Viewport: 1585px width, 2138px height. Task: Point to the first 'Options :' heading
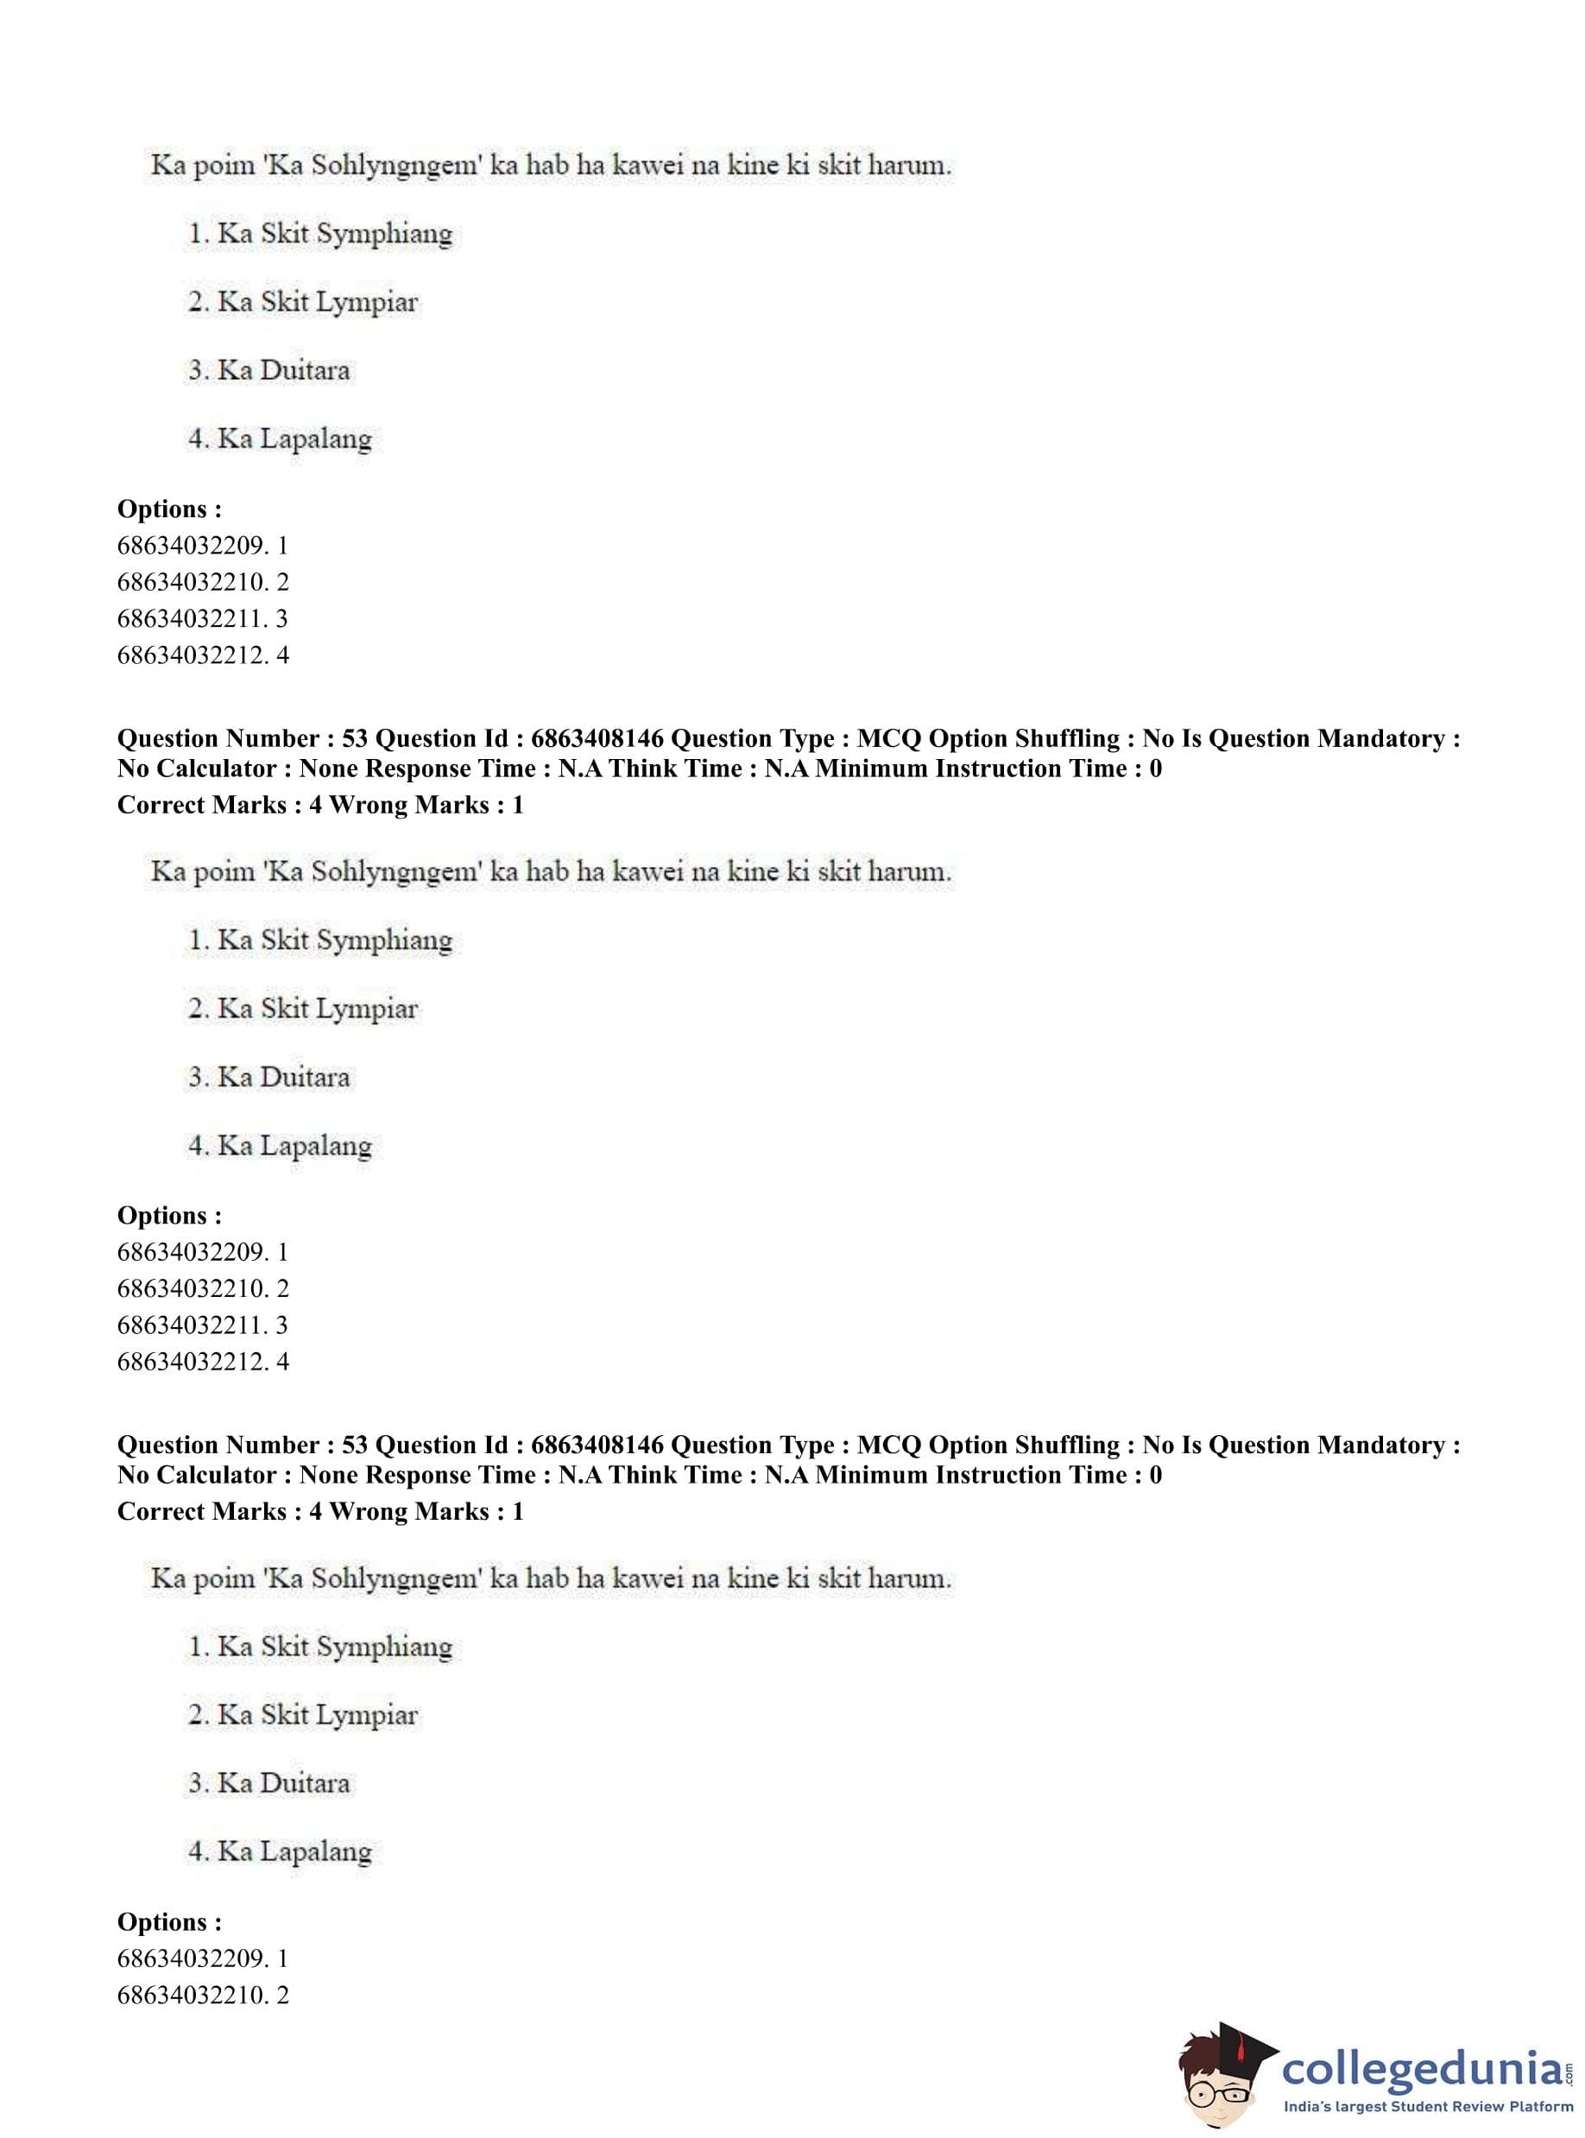pos(169,509)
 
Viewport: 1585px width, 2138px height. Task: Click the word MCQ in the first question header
pos(888,738)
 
